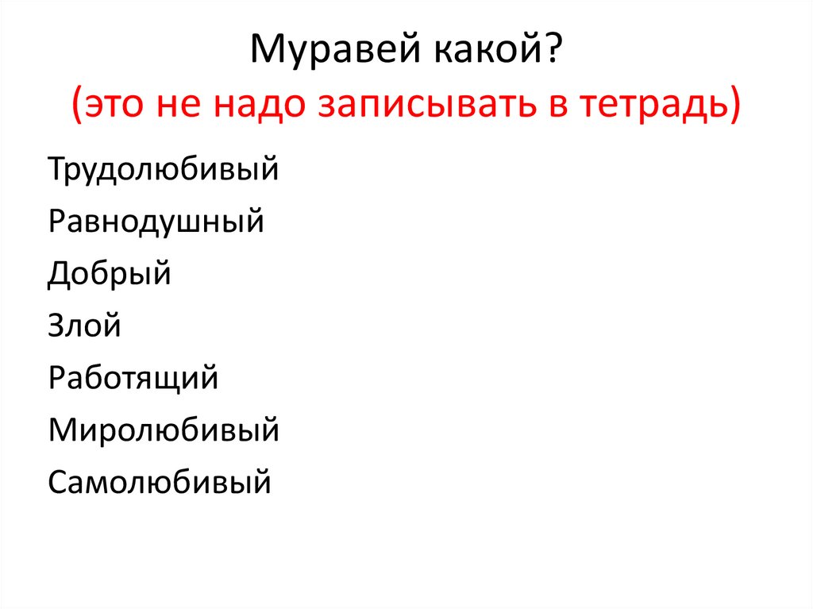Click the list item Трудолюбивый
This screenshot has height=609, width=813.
163,170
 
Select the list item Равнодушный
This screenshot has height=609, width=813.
156,222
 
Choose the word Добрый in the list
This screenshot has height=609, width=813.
110,274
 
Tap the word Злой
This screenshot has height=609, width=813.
84,326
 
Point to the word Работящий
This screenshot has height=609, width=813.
133,378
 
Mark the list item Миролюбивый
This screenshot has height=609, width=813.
163,430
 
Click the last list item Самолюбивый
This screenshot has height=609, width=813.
160,482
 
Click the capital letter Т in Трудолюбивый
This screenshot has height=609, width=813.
56,169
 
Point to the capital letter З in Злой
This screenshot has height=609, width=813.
56,326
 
